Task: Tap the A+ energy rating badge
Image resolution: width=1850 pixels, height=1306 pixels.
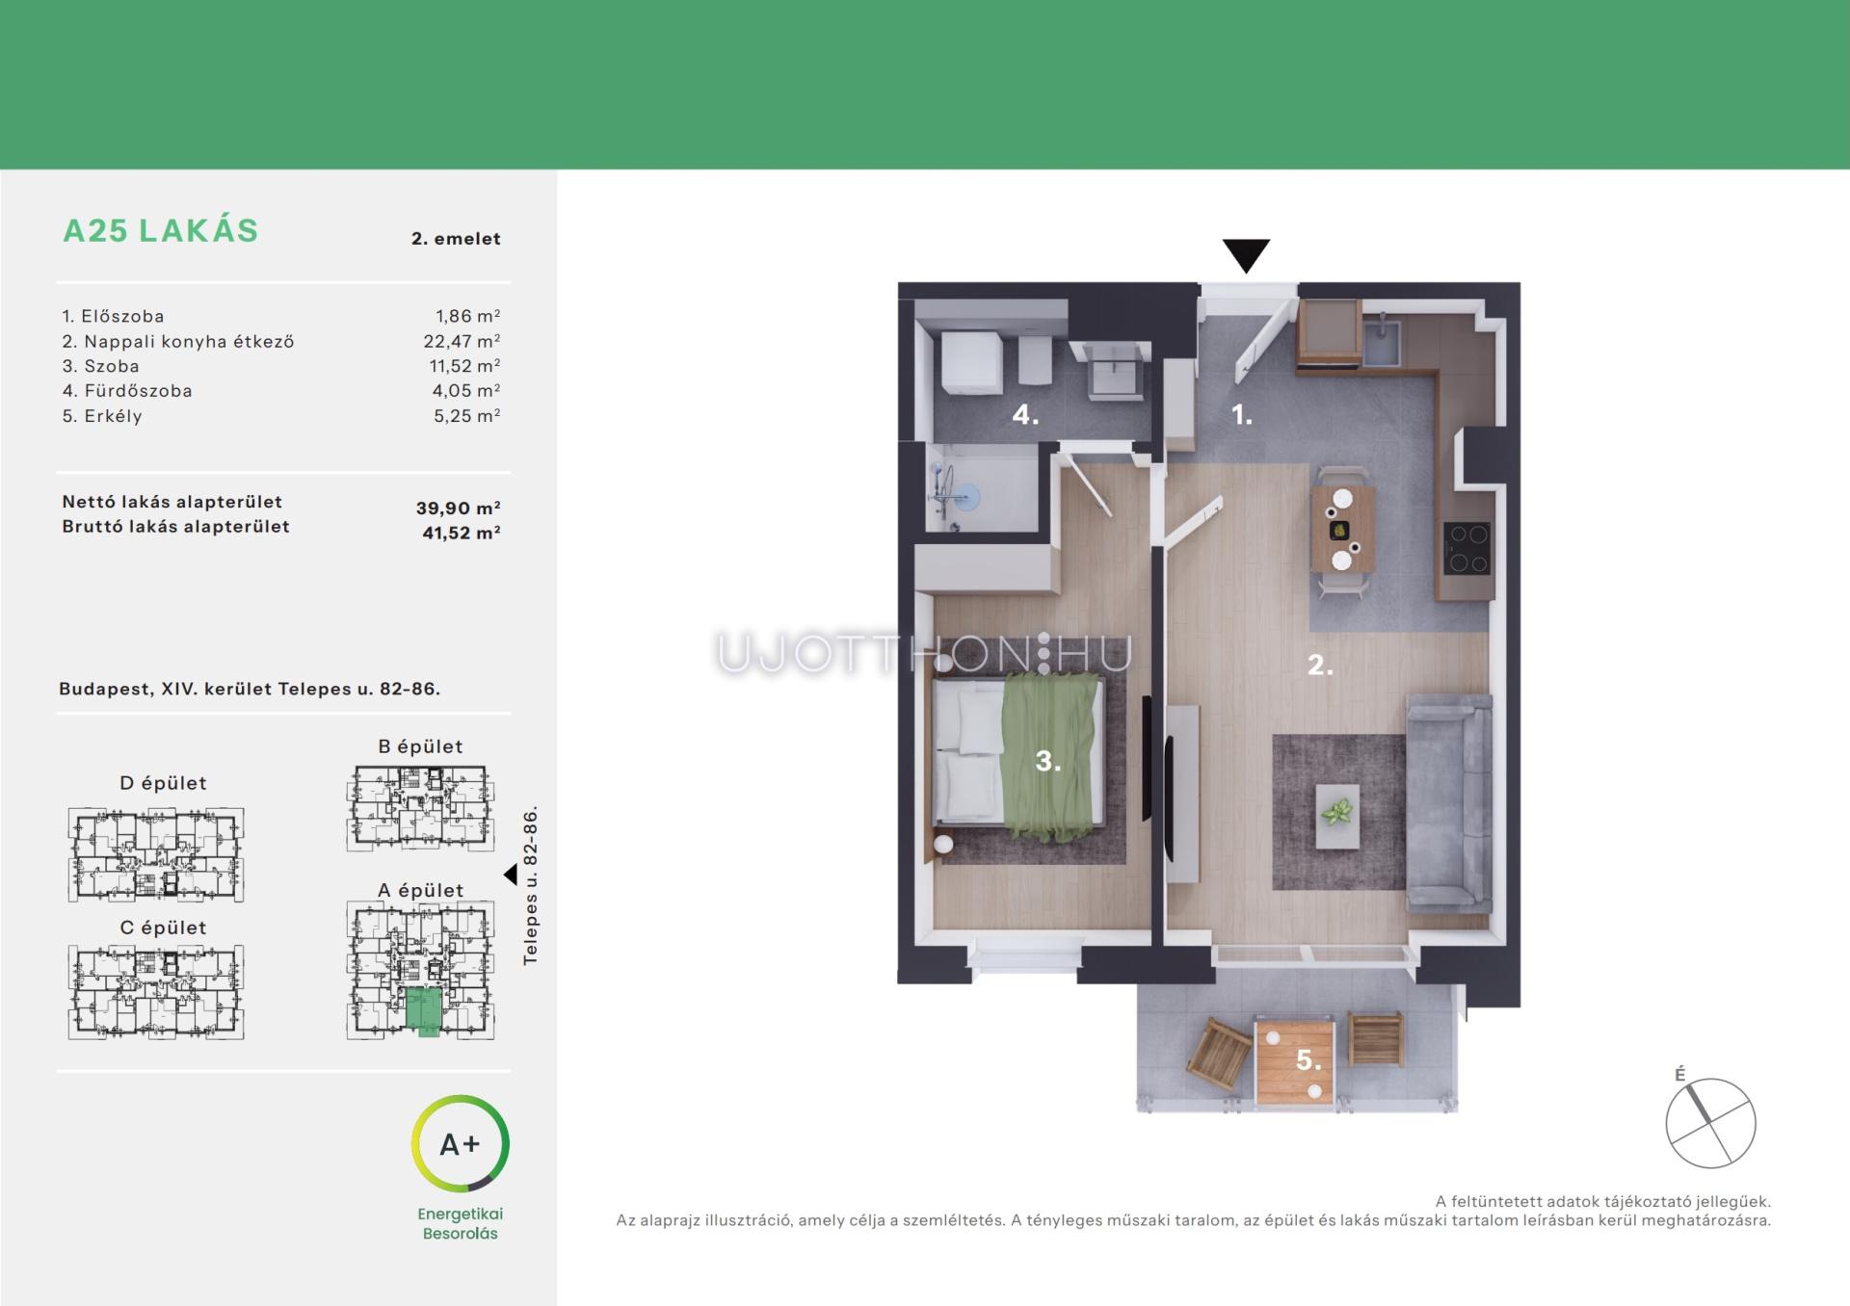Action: (x=461, y=1143)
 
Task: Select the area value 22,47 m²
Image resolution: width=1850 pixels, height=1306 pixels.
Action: (x=462, y=341)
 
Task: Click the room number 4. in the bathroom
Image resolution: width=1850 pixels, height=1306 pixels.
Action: (x=1025, y=415)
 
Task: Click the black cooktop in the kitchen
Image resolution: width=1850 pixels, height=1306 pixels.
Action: (x=1467, y=547)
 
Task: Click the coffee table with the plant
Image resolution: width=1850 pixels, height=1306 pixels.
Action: (x=1337, y=816)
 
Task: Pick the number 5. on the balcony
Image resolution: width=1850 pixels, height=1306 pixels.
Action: (x=1308, y=1060)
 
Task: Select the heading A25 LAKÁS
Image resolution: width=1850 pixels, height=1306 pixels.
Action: (x=161, y=231)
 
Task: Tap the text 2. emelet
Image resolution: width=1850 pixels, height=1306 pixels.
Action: (x=456, y=239)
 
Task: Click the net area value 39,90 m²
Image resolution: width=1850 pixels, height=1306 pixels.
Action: (x=459, y=508)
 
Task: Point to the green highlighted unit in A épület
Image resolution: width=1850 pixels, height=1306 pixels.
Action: (x=423, y=1010)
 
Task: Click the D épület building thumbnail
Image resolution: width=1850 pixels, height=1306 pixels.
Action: (x=156, y=854)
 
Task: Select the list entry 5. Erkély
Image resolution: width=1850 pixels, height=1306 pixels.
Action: (x=102, y=416)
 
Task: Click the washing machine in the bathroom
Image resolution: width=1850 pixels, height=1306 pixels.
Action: (x=973, y=363)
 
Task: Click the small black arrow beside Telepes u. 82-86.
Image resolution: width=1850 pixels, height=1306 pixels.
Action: (x=511, y=875)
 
